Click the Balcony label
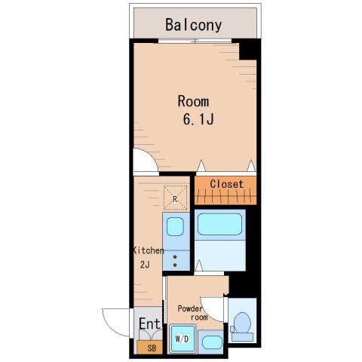pos(193,25)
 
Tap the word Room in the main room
pos(193,101)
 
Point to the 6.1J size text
pos(198,119)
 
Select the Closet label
pos(227,184)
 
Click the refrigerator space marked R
pos(175,198)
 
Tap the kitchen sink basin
pos(175,226)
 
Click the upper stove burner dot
pos(175,257)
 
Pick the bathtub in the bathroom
pos(219,224)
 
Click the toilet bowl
pos(242,323)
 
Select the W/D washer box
pos(183,339)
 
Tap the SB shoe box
pos(150,347)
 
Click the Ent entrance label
pos(149,324)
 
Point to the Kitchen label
pos(149,250)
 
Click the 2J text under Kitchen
pos(145,265)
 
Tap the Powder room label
pos(192,312)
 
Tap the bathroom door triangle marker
pos(199,265)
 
